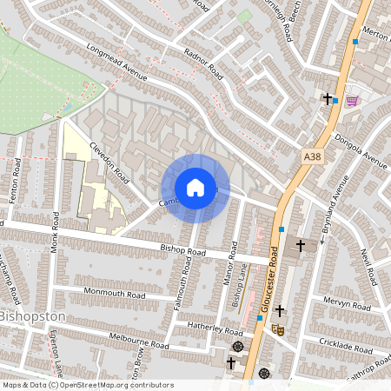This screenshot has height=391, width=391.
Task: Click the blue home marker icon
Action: pyautogui.click(x=195, y=188)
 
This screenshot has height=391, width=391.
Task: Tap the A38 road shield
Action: pyautogui.click(x=312, y=156)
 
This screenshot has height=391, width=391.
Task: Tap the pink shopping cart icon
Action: pyautogui.click(x=352, y=100)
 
